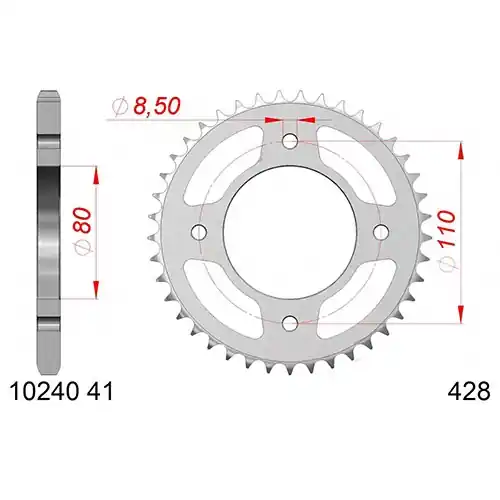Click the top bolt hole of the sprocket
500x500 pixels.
click(290, 141)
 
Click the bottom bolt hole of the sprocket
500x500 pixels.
click(290, 322)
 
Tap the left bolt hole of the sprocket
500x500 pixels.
click(199, 231)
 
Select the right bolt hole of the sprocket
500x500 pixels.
click(381, 231)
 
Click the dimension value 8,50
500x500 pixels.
click(157, 106)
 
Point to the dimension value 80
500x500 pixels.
click(83, 220)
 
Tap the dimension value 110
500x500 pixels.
click(447, 229)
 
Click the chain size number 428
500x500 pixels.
click(469, 391)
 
